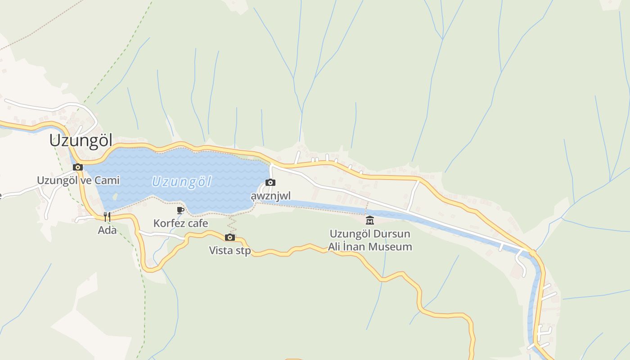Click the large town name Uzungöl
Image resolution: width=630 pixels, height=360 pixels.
click(x=81, y=140)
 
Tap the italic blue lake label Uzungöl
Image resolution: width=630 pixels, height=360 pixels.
click(x=181, y=182)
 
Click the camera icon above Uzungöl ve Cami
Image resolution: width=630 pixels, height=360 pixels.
click(x=78, y=167)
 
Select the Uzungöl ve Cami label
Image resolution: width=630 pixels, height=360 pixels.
click(x=78, y=180)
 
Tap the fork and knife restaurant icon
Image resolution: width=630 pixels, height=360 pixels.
click(x=107, y=217)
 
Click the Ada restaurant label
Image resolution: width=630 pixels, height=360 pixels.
click(x=107, y=230)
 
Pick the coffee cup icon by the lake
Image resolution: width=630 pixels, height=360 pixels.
click(x=180, y=210)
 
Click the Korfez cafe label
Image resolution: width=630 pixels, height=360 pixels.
click(x=180, y=223)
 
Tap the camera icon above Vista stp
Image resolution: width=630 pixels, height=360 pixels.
click(x=230, y=237)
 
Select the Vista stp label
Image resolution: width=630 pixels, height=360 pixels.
click(x=230, y=251)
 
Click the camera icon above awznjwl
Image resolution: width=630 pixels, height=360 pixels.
click(x=270, y=182)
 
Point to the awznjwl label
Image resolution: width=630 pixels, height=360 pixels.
click(x=270, y=196)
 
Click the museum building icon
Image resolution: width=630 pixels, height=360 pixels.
click(x=370, y=220)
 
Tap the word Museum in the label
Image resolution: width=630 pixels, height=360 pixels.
click(x=389, y=247)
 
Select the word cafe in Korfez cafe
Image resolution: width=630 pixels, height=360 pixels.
click(x=198, y=223)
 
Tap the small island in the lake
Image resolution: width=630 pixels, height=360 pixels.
click(x=115, y=197)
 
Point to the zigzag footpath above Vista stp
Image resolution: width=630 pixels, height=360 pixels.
click(x=231, y=223)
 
